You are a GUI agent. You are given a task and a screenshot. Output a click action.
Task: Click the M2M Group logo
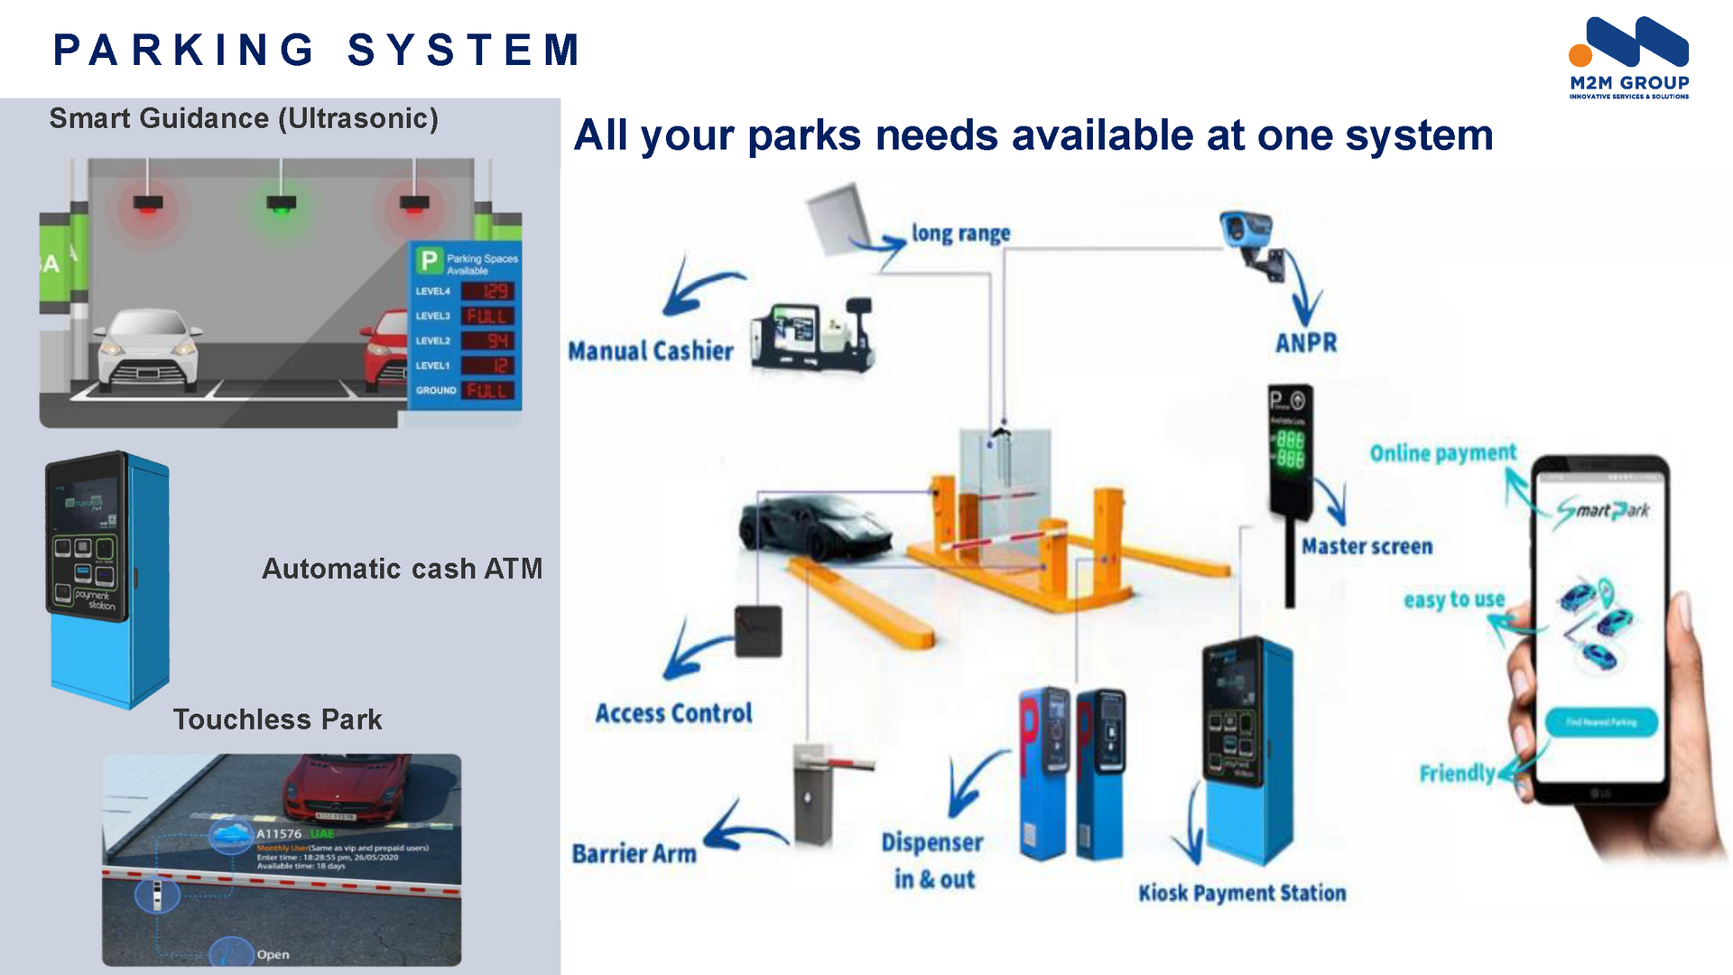[x=1628, y=57]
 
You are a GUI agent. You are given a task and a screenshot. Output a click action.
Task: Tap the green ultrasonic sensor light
[x=281, y=204]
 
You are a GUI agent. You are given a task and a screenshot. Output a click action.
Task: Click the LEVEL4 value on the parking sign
[x=487, y=292]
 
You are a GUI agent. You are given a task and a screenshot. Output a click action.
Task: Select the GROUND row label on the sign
[x=436, y=390]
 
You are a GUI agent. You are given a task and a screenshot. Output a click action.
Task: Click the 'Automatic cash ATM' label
[x=402, y=569]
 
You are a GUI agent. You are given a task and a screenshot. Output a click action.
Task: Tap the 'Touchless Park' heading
[x=277, y=720]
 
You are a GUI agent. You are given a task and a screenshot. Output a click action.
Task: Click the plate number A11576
[x=279, y=834]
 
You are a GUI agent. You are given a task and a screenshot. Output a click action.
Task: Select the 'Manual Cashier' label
[x=651, y=350]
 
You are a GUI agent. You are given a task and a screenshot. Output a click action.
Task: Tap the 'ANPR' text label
[x=1306, y=343]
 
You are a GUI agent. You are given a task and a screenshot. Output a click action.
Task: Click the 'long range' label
[x=960, y=233]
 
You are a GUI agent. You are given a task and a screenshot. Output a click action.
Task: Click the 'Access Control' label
[x=673, y=713]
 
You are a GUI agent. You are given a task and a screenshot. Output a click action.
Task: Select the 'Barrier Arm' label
[x=635, y=853]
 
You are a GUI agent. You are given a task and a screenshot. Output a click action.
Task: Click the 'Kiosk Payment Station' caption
[x=1242, y=893]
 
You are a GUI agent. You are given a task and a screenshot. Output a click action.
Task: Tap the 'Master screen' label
[x=1367, y=546]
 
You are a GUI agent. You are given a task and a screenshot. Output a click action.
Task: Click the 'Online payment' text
[x=1442, y=452]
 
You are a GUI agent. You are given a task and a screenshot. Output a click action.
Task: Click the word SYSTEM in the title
[x=465, y=50]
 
